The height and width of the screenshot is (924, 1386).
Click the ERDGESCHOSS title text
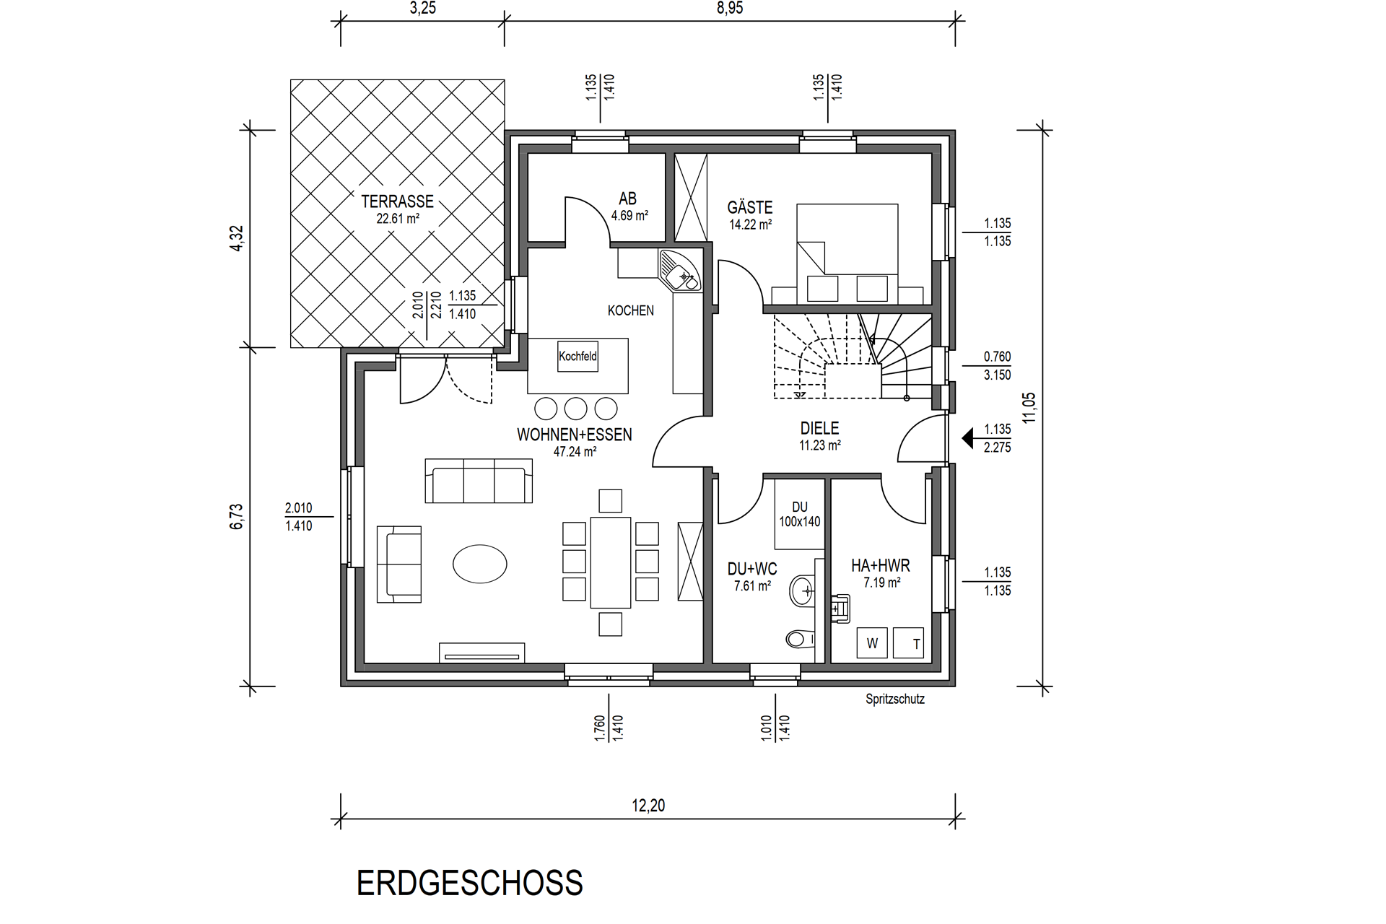[x=470, y=883]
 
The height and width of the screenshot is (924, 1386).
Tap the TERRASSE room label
[x=398, y=201]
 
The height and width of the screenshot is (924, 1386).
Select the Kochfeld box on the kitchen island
[x=577, y=357]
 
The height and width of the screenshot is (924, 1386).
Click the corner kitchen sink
[x=679, y=270]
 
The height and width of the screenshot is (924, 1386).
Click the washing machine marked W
[x=872, y=642]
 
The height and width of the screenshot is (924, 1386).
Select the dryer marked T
[x=908, y=642]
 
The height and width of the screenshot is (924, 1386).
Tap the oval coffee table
[x=479, y=563]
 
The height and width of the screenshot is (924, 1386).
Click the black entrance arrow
[x=967, y=438]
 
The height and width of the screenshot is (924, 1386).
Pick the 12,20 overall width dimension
[x=648, y=806]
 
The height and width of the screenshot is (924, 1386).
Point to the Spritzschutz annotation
[x=895, y=699]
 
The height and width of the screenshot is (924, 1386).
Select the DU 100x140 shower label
[x=800, y=515]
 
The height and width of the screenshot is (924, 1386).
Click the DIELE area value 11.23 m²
[x=820, y=446]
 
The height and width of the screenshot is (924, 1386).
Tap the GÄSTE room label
[x=750, y=208]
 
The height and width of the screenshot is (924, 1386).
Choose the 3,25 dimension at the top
[x=423, y=9]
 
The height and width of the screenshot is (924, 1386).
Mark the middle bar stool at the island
[x=575, y=409]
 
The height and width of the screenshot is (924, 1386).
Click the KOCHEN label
[x=631, y=310]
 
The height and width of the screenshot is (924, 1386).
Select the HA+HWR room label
[x=881, y=566]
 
